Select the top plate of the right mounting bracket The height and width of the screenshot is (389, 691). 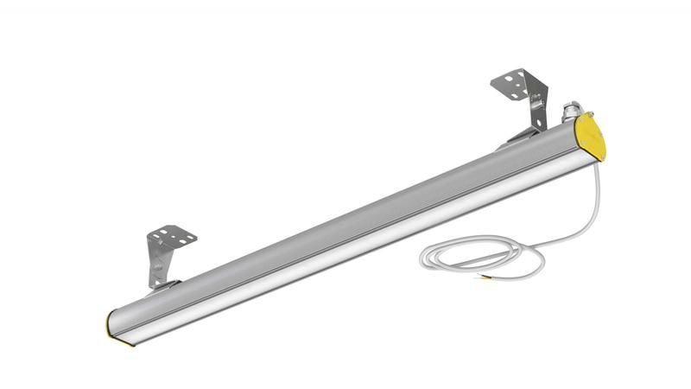[515, 81]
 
